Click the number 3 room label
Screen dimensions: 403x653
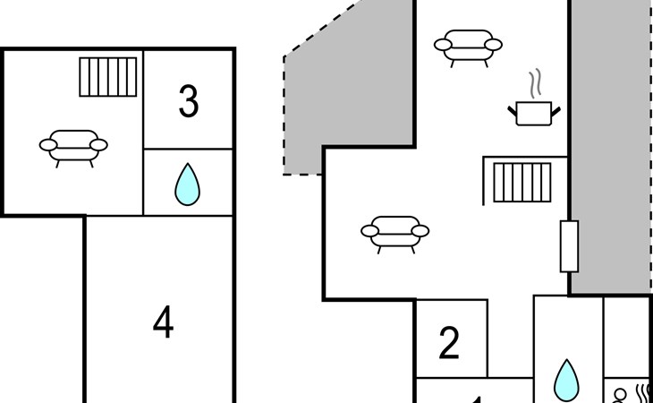[188, 102]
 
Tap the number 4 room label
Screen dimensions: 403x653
[163, 322]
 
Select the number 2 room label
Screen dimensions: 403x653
[449, 343]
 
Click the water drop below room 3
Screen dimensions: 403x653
[187, 184]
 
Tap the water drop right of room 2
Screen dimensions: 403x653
[565, 380]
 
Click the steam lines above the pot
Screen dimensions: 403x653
[536, 85]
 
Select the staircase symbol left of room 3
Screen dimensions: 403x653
[108, 77]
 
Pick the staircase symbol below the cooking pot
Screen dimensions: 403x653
[522, 182]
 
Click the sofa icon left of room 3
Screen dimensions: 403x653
[73, 145]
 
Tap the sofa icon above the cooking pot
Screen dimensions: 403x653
[468, 45]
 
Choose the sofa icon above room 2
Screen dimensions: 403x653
[394, 231]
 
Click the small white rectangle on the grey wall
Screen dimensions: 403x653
[569, 246]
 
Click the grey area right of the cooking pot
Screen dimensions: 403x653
[610, 143]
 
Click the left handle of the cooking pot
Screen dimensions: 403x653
[513, 110]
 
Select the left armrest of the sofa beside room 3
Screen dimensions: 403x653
[48, 145]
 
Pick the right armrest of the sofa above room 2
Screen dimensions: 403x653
[420, 231]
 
